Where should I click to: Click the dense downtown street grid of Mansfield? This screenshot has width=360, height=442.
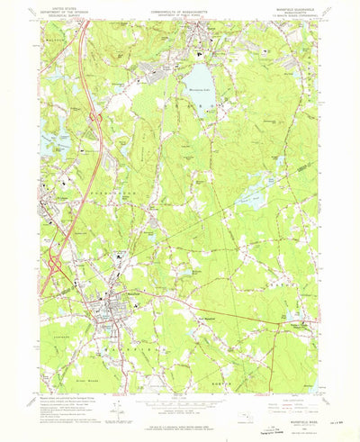112,311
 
